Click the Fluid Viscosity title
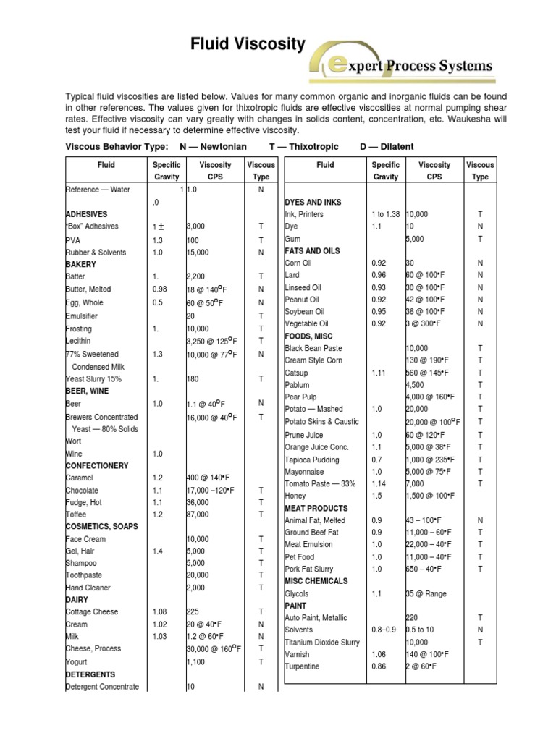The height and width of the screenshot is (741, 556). pyautogui.click(x=248, y=45)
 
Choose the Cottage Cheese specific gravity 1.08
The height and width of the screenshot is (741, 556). pyautogui.click(x=161, y=612)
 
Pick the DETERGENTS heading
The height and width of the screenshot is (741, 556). pyautogui.click(x=92, y=674)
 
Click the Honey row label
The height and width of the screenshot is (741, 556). pyautogui.click(x=295, y=496)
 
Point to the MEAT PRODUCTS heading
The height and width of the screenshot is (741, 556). pyautogui.click(x=316, y=508)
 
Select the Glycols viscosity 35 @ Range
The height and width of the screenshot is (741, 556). pyautogui.click(x=426, y=594)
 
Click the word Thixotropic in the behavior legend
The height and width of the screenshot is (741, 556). pyautogui.click(x=307, y=146)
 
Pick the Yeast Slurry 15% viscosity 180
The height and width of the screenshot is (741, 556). pyautogui.click(x=193, y=378)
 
